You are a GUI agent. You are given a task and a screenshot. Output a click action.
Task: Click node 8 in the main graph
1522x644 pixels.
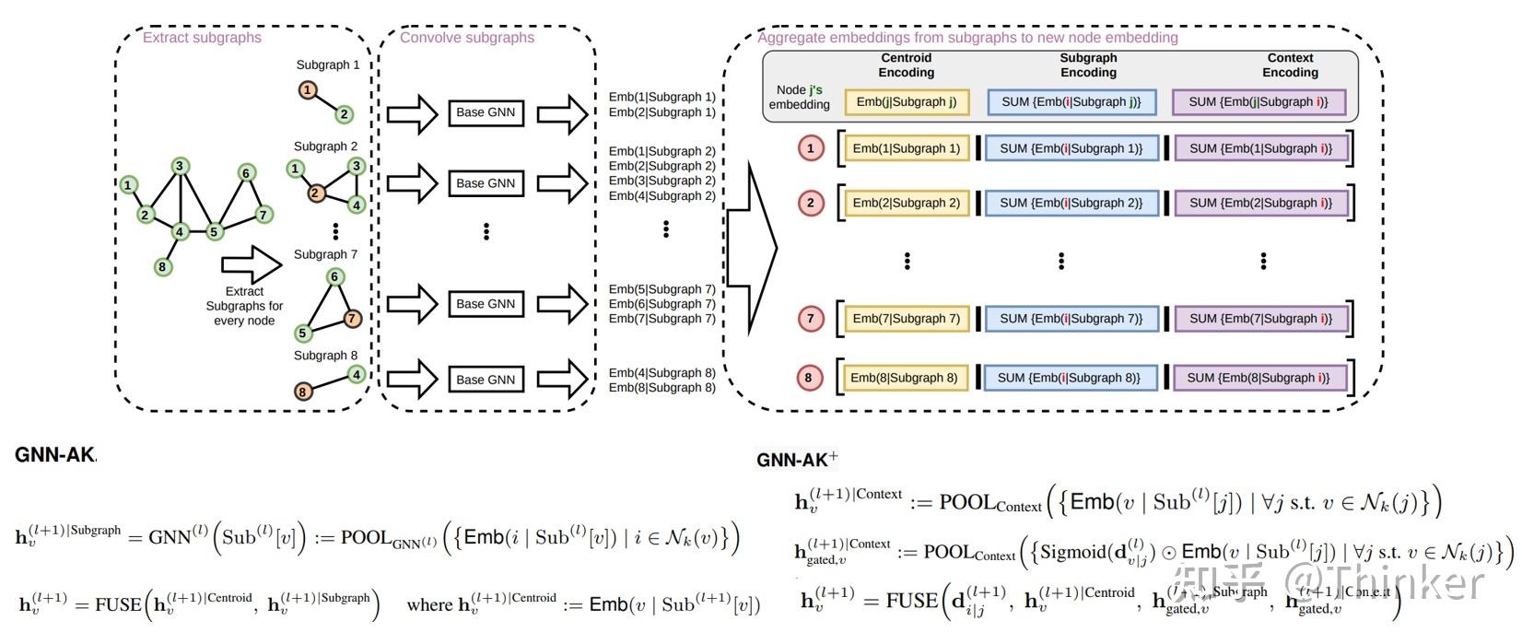coord(161,267)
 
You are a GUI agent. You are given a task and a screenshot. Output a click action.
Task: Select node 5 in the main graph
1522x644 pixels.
coord(214,231)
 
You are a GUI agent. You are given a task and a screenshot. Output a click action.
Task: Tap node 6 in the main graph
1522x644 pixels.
coord(245,173)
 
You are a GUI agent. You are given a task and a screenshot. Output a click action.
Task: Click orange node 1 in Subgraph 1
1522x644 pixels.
coord(308,90)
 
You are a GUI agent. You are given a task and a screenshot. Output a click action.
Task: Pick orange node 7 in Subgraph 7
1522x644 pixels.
coord(351,319)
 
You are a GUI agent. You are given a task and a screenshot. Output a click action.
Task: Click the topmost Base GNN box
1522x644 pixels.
coord(486,112)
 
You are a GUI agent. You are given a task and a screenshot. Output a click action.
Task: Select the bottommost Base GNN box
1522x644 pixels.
coord(486,380)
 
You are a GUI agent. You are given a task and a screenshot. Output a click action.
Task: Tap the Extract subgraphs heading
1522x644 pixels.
coord(202,38)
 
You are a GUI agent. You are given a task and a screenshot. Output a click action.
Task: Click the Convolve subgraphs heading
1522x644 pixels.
coord(466,38)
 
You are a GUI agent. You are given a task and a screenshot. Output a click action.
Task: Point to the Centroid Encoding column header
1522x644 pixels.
coord(907,64)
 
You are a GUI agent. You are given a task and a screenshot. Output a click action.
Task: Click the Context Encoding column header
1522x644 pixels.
coord(1290,64)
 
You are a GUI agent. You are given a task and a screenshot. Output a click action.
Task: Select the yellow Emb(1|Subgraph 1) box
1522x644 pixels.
coord(906,148)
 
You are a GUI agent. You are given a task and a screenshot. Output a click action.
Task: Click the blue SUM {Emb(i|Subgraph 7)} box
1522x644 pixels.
coord(1071,319)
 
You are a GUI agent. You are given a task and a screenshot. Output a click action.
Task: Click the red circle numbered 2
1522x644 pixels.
coord(811,203)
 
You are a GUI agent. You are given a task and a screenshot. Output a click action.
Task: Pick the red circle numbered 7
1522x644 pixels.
coord(811,319)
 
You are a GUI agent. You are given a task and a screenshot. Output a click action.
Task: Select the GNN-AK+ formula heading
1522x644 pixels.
coord(797,459)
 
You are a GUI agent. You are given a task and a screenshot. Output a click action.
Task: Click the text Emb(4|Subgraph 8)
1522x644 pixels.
coord(661,373)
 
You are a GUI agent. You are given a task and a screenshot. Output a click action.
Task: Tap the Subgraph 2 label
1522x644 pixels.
coord(325,146)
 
